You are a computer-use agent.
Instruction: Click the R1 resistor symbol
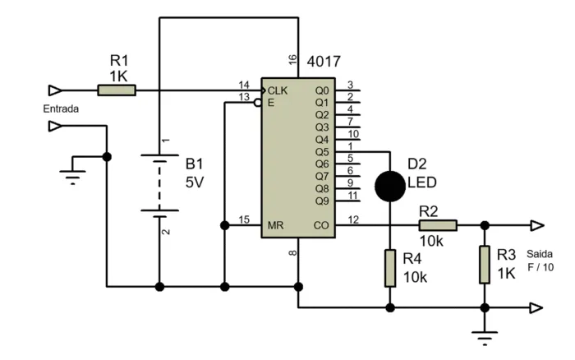(x=116, y=90)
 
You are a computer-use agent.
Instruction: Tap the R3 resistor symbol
(x=485, y=264)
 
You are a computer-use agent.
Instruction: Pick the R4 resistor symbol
(x=389, y=268)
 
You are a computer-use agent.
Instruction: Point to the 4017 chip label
(x=323, y=62)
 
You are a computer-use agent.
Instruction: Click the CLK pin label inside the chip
(x=277, y=90)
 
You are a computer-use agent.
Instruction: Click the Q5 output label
(x=321, y=151)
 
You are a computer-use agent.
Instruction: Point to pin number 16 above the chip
(x=292, y=60)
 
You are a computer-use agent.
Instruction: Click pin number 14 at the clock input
(x=243, y=85)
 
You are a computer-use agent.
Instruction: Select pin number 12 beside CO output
(x=353, y=219)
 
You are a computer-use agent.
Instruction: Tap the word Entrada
(x=60, y=108)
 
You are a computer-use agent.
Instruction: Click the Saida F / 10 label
(x=540, y=261)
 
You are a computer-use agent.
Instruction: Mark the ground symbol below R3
(x=485, y=335)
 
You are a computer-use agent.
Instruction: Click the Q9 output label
(x=321, y=201)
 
